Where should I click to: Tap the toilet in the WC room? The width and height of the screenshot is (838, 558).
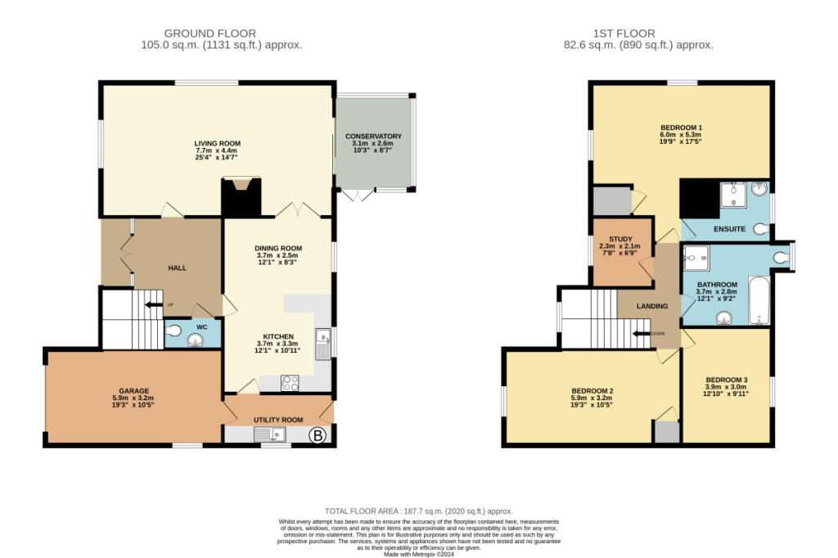click(173, 330)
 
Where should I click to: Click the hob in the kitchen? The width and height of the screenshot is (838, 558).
click(291, 381)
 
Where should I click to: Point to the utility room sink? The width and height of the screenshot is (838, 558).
click(271, 435)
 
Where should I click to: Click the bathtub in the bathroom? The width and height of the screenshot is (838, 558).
click(759, 301)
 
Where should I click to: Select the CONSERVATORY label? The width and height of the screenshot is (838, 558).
click(373, 136)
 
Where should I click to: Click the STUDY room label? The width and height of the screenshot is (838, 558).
click(619, 239)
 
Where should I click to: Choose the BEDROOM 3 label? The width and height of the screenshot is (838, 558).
click(727, 380)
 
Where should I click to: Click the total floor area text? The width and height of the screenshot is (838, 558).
click(418, 511)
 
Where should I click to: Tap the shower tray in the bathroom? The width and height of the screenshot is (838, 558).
click(696, 259)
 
